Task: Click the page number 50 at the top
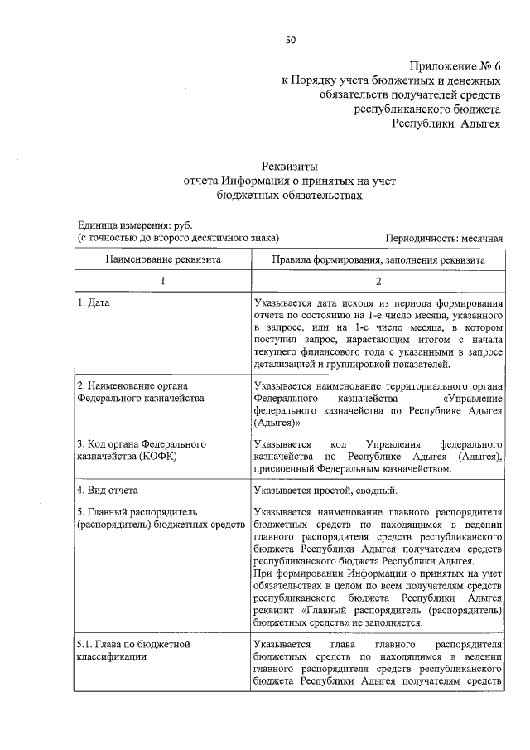click(x=290, y=39)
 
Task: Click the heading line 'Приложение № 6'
click(x=455, y=66)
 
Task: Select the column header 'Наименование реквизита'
click(x=162, y=259)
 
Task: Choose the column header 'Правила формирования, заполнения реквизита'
click(x=378, y=259)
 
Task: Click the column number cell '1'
click(x=162, y=281)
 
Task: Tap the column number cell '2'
click(x=378, y=281)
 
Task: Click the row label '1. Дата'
click(x=94, y=303)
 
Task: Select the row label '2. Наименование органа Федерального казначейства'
click(x=141, y=391)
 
